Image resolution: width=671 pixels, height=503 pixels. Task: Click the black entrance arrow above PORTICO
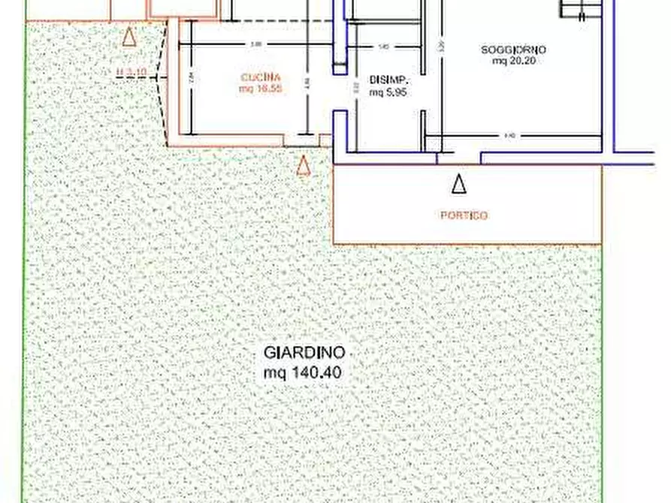(x=458, y=182)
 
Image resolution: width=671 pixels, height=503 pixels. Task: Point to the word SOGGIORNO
(x=514, y=50)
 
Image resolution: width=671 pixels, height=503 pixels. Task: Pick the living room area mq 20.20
(x=513, y=62)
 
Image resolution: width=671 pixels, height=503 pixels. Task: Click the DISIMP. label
(x=388, y=80)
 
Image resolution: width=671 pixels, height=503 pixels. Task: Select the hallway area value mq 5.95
(x=388, y=93)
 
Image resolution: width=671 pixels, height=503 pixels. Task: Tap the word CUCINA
(x=261, y=77)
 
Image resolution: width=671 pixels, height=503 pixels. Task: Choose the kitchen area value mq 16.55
(x=261, y=89)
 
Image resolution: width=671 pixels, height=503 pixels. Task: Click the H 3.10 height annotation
(x=131, y=73)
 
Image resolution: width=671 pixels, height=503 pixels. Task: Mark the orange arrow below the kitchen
(x=303, y=166)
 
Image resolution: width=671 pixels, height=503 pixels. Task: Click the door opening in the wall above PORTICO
(x=458, y=156)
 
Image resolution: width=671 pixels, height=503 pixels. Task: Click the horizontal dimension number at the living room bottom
(x=509, y=136)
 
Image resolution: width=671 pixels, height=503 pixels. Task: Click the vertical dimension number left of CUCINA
(x=192, y=77)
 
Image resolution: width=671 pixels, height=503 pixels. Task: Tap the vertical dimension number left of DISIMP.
(x=356, y=87)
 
